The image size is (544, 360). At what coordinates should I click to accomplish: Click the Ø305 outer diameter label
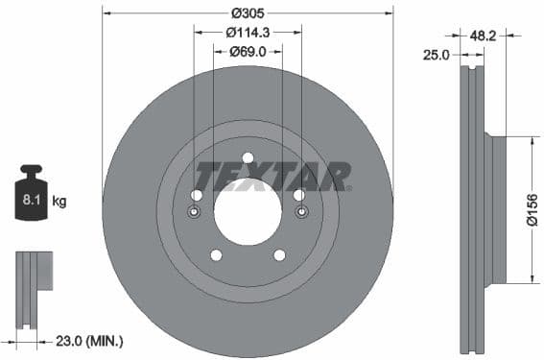[x=248, y=12]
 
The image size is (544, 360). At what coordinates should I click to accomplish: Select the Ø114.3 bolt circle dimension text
[x=248, y=32]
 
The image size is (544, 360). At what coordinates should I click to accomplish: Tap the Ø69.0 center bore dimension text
[x=248, y=51]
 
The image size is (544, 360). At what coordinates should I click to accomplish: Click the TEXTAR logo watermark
[x=273, y=177]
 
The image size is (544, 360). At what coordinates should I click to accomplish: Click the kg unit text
[x=59, y=201]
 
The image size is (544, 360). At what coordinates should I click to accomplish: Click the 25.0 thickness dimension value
[x=438, y=55]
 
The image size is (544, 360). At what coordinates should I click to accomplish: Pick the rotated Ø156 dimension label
[x=533, y=209]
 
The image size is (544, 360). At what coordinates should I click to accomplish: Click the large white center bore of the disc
[x=248, y=210]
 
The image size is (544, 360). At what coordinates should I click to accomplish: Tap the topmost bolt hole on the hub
[x=248, y=158]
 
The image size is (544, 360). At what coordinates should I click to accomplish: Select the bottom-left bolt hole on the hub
[x=216, y=254]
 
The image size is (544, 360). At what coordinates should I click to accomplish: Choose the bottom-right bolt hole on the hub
[x=279, y=254]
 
